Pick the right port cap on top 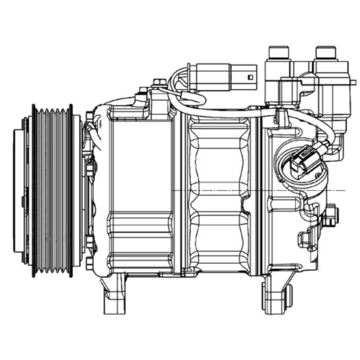[x=326, y=54]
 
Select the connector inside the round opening [x=300, y=162]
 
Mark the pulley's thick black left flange [x=34, y=189]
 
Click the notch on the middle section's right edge [x=245, y=209]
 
